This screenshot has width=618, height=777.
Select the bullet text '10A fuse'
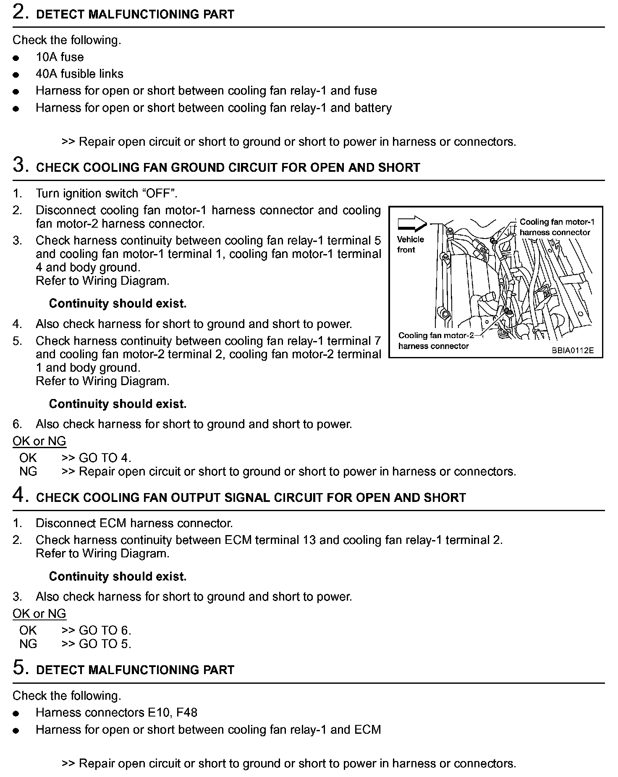[60, 57]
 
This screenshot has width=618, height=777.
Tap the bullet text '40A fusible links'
[79, 74]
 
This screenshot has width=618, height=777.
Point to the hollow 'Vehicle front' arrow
[412, 223]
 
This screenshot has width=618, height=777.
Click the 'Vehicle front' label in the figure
[410, 244]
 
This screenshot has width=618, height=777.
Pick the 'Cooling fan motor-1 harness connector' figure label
[557, 227]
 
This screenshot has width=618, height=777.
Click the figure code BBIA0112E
[573, 350]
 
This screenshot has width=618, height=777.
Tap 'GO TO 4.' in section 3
[105, 458]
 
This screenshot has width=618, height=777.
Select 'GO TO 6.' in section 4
[105, 630]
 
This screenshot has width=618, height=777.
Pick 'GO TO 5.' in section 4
[105, 644]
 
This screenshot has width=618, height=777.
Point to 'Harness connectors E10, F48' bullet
[116, 713]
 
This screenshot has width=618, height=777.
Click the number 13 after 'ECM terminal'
[309, 540]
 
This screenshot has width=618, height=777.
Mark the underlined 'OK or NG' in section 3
[39, 441]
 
